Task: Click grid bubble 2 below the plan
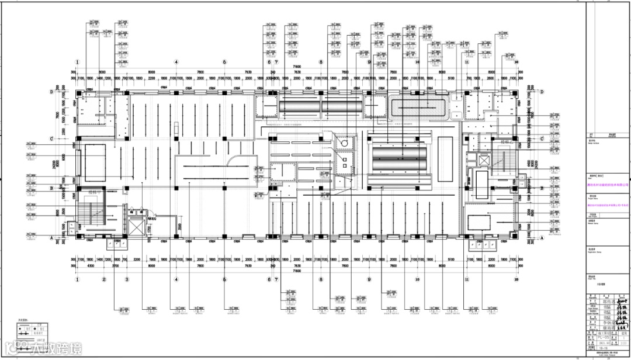(104, 280)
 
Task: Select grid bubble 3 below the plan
(126, 280)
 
